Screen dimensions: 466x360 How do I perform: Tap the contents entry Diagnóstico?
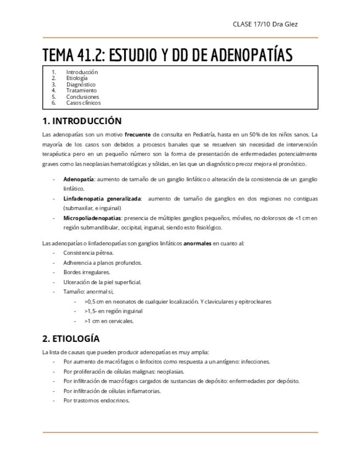80,85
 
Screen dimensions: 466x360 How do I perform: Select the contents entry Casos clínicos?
83,102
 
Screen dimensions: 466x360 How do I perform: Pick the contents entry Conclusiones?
82,96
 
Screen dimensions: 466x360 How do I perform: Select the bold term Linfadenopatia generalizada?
102,198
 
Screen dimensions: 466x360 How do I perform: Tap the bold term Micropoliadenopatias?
91,218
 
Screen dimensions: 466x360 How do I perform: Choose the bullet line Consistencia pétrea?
88,252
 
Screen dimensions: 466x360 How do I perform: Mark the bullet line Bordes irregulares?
86,272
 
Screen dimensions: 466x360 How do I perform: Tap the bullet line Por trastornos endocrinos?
96,401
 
